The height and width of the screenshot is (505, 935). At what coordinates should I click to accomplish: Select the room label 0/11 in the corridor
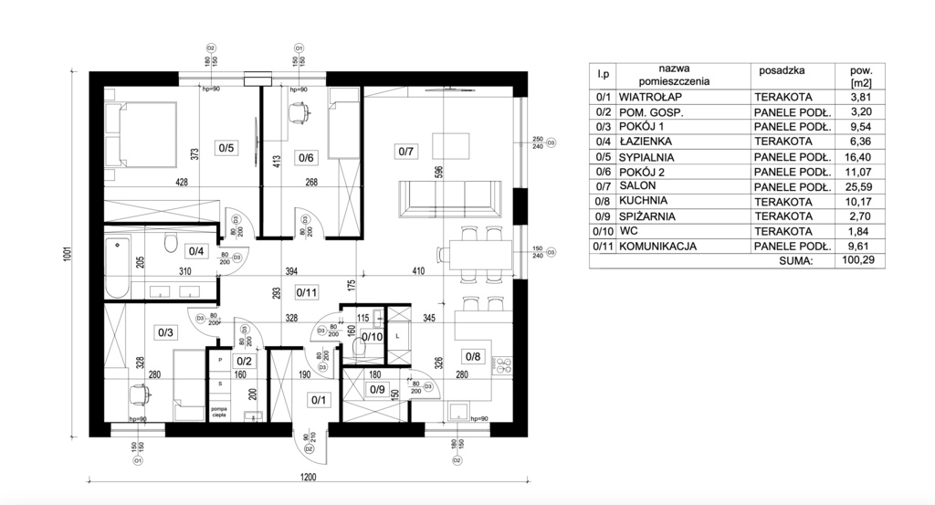tap(307, 293)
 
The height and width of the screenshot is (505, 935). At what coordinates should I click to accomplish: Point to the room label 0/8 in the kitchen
tap(472, 356)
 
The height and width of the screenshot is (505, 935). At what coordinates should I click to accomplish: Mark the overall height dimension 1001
tap(68, 258)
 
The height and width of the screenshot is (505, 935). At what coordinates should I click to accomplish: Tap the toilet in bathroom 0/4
tap(168, 242)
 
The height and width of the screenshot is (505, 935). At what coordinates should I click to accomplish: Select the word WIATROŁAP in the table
tap(649, 96)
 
